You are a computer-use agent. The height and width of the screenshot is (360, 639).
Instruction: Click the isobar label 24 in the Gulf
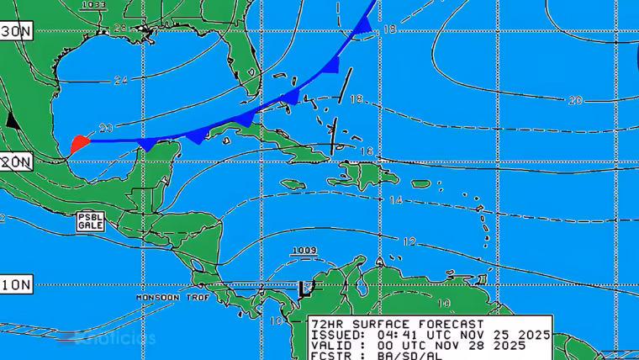coord(121,81)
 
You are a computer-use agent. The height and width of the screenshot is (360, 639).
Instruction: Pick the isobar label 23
coord(105,128)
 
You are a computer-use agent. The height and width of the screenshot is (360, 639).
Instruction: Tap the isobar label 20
coord(575,100)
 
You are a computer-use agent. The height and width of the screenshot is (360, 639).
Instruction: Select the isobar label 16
coord(366,151)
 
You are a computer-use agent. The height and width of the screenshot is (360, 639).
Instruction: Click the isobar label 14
coord(396,200)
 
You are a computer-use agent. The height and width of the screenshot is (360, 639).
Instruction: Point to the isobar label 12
coord(409,241)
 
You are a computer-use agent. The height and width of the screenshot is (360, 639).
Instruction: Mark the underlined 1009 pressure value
coord(304,251)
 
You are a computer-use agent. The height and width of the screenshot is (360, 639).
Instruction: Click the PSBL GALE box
coord(90,221)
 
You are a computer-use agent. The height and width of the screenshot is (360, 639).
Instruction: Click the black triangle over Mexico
coord(12,119)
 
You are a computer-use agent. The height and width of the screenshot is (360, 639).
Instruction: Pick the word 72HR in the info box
coord(326,324)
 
